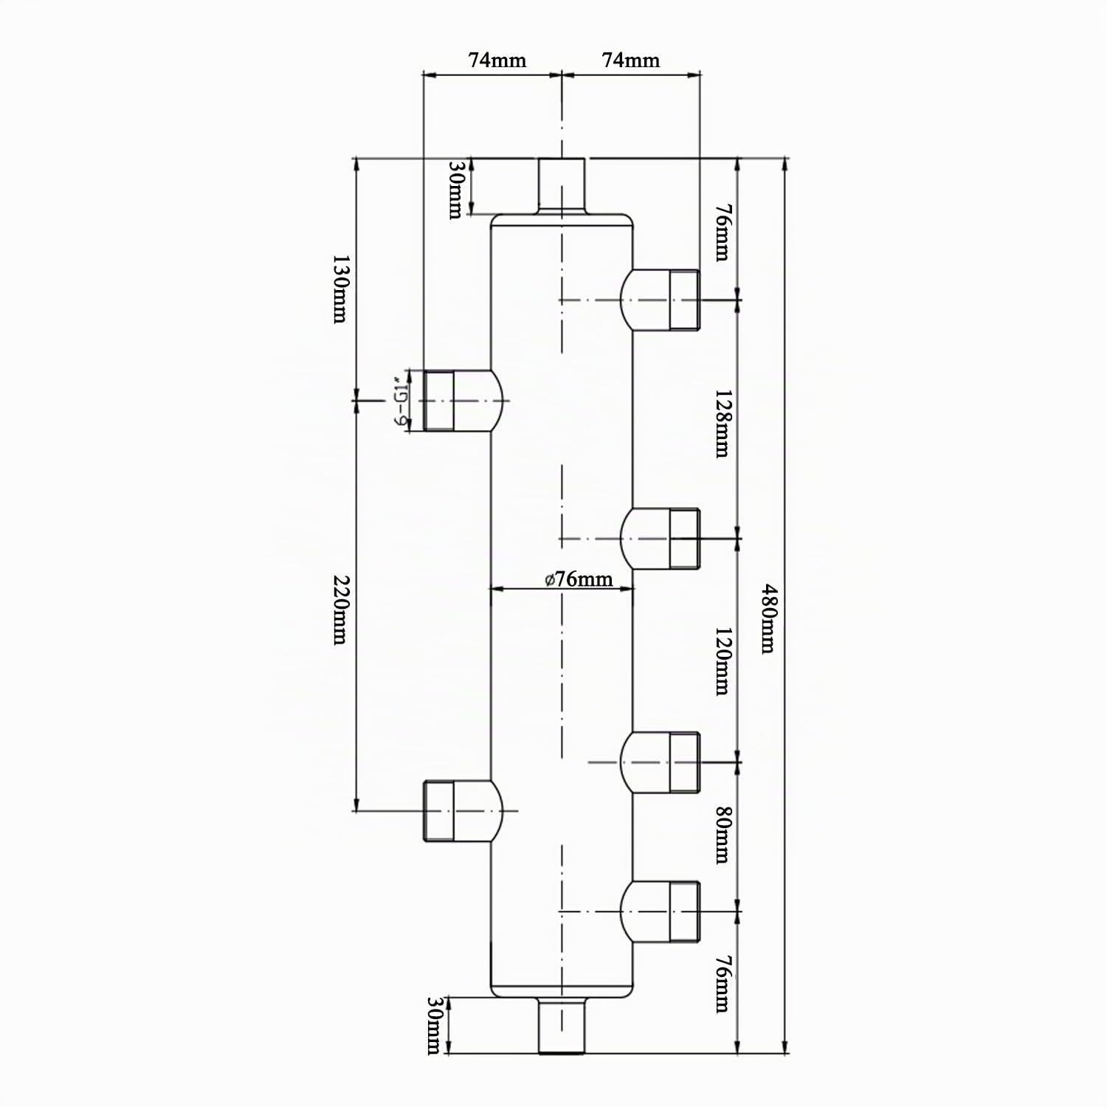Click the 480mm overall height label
coord(768,618)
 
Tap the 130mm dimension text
coord(339,289)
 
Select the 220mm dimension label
coord(339,610)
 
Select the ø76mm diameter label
coord(579,579)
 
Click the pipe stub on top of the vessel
coord(561,186)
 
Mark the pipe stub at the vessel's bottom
coord(562,1025)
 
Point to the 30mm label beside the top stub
coord(455,190)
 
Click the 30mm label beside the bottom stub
coord(434,1026)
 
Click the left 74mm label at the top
coord(497,60)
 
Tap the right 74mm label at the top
coord(631,60)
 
